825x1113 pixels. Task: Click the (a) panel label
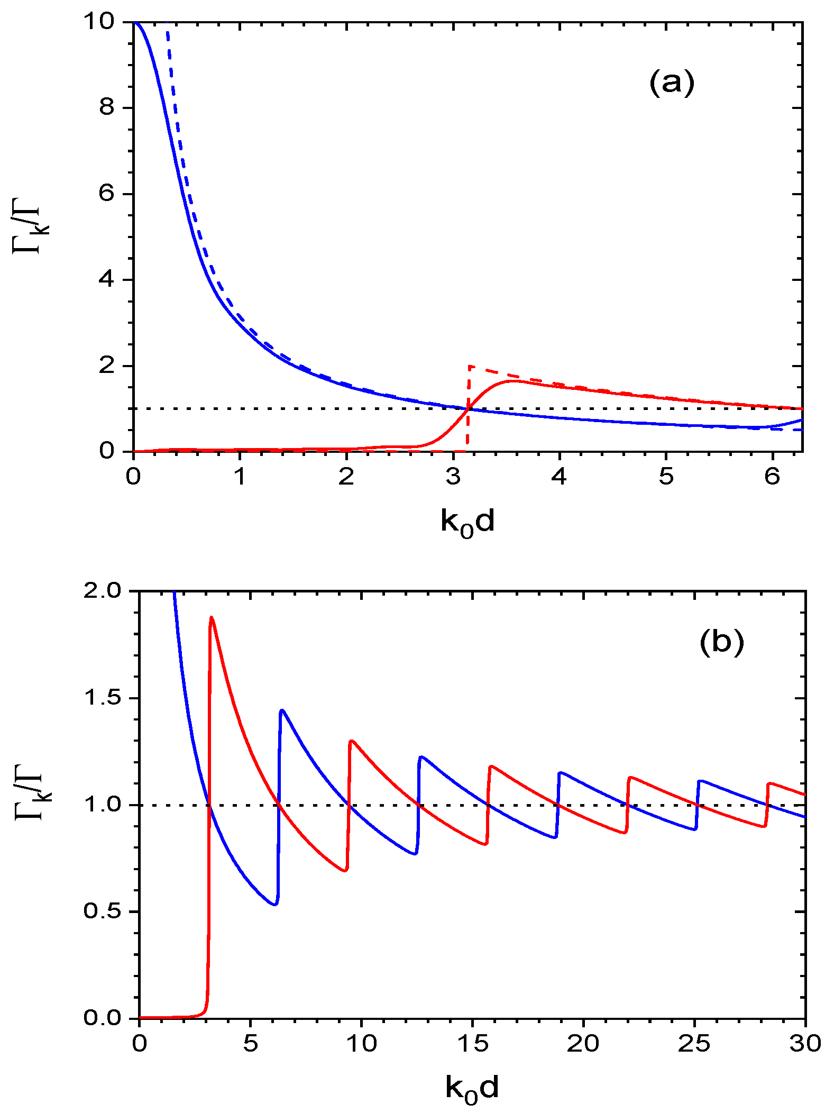(x=672, y=84)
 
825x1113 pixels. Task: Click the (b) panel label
(x=721, y=642)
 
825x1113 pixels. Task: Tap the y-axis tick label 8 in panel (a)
(x=107, y=107)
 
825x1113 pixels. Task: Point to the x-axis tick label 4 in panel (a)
(x=559, y=477)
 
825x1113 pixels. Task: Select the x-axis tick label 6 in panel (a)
(x=772, y=477)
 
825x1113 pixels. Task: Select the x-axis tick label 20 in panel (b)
(x=583, y=1044)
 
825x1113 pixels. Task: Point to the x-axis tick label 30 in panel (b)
(x=805, y=1044)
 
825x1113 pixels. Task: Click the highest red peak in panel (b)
(x=212, y=617)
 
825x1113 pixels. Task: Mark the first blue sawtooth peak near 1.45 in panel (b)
(x=282, y=710)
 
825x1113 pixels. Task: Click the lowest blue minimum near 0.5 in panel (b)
(x=275, y=904)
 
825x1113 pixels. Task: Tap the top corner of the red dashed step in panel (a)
(x=469, y=366)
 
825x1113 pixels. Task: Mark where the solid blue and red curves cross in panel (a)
(x=468, y=408)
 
